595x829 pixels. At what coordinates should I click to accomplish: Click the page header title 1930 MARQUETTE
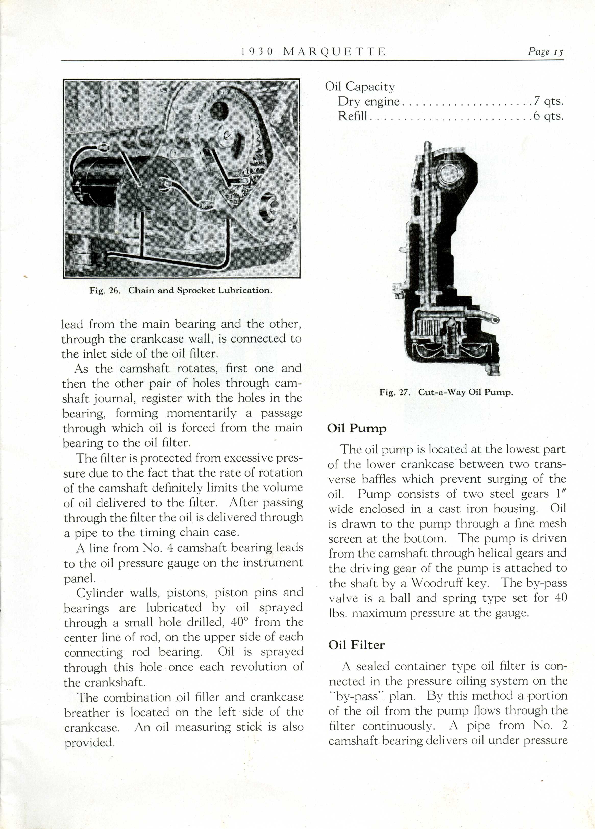(x=313, y=51)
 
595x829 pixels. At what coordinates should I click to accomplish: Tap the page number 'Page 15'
(x=545, y=51)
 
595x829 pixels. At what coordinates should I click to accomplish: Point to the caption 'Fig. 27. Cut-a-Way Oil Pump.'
(x=446, y=392)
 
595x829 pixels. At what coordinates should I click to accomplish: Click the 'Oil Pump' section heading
(x=357, y=428)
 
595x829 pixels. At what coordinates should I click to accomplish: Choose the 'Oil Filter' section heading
(x=356, y=645)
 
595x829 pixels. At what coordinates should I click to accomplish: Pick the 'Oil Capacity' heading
(x=360, y=87)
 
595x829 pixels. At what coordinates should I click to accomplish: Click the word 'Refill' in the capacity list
(x=352, y=116)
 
